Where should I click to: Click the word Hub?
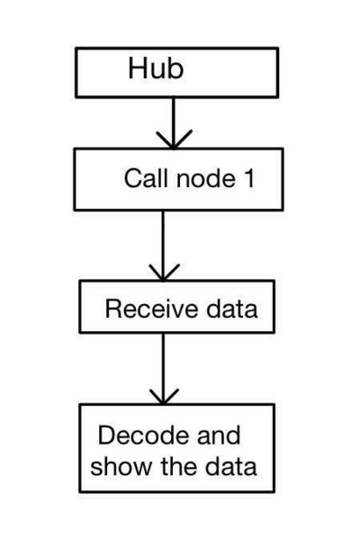point(156,69)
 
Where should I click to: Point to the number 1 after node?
point(248,178)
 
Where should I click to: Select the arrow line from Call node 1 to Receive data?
point(163,238)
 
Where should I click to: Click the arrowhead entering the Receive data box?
point(163,274)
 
